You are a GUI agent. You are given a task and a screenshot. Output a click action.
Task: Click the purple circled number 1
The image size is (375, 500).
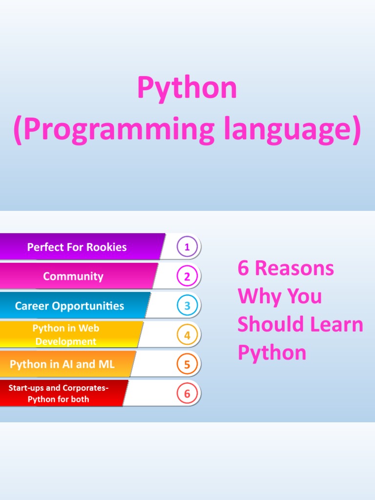point(187,247)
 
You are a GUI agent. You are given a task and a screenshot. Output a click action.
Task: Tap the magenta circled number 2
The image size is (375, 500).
point(187,276)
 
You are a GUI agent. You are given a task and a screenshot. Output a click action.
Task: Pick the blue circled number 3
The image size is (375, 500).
point(187,306)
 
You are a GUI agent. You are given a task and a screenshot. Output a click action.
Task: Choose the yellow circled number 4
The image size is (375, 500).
point(187,335)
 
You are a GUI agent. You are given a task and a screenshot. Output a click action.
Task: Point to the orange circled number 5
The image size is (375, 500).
point(187,364)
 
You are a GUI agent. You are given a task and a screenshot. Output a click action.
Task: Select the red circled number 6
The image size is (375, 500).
point(187,394)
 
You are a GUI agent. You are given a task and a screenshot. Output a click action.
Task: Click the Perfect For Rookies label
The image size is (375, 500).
point(77,247)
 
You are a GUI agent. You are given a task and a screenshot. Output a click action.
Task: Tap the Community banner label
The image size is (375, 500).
point(73,276)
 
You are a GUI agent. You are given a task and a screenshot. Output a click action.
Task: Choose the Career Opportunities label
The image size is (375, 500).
point(69,306)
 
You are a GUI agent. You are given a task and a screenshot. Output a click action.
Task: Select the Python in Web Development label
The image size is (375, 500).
point(66,335)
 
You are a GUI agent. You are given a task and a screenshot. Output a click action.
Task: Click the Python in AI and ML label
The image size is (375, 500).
point(62,364)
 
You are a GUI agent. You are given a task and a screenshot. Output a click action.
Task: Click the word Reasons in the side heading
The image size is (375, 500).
point(294,268)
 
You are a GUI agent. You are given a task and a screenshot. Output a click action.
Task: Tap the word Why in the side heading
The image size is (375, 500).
point(260,296)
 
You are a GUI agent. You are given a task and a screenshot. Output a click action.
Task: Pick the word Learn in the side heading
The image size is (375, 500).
point(337,324)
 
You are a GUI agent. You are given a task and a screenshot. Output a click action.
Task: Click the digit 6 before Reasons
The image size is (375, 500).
point(243,268)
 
